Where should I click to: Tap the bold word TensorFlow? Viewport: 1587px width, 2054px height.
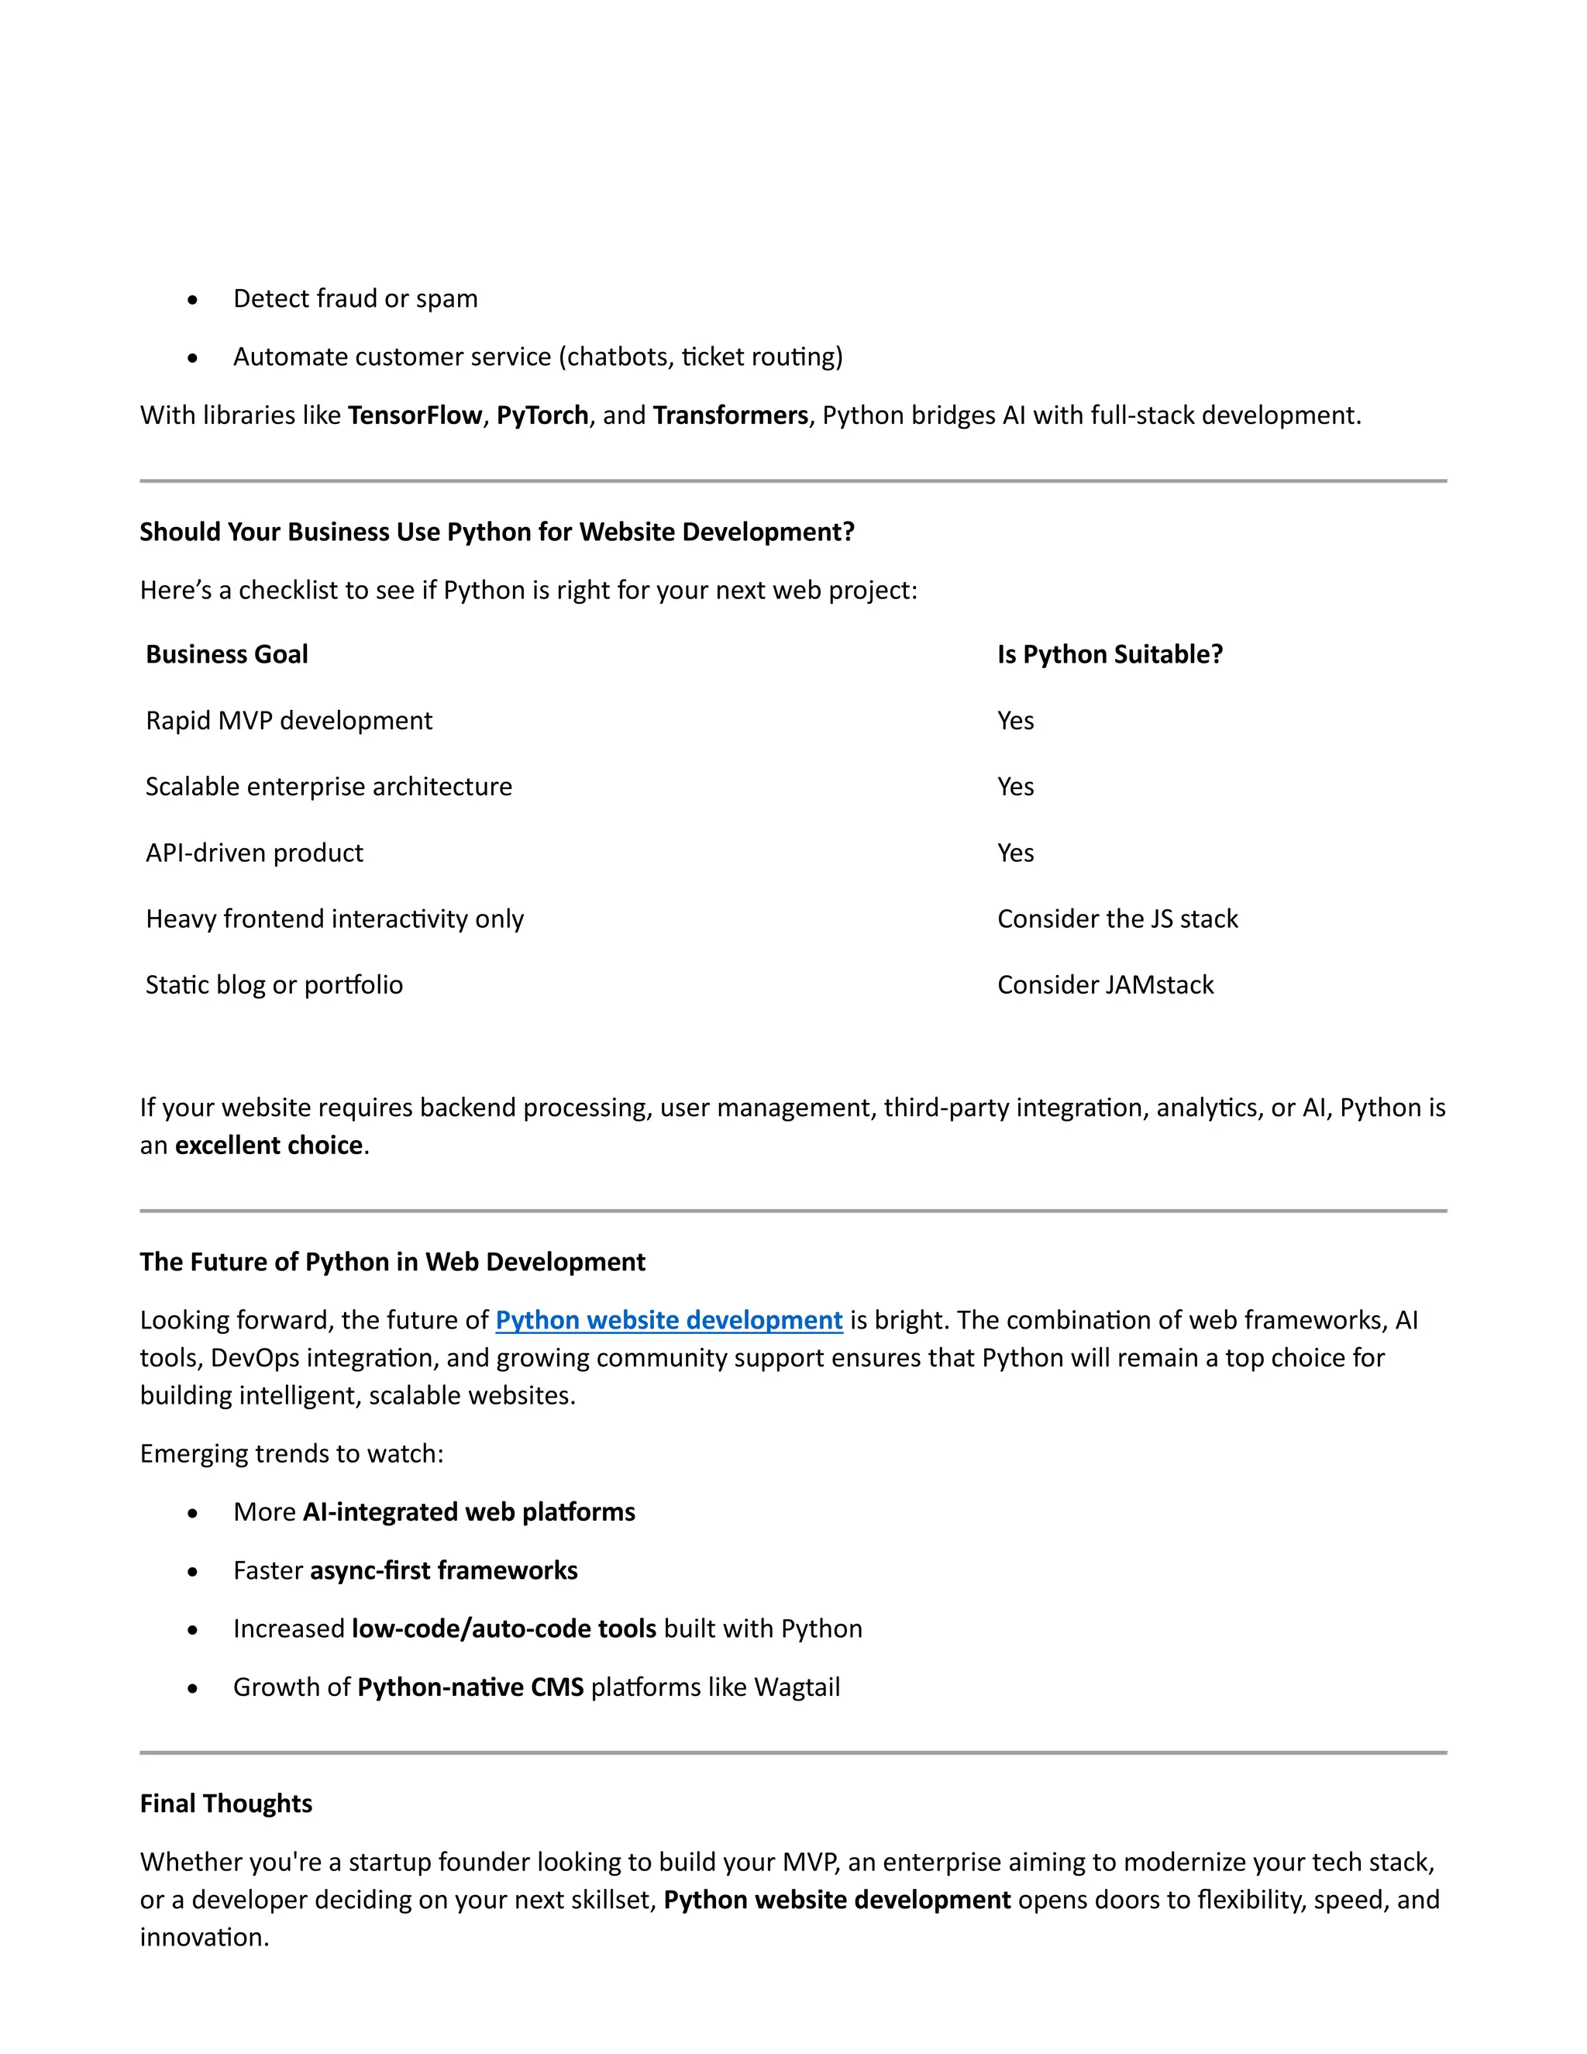pos(415,415)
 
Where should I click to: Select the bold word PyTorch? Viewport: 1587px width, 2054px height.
pos(542,415)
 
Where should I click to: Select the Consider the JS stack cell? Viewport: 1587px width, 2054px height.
pos(1117,918)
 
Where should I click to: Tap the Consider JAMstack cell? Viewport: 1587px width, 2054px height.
pos(1105,984)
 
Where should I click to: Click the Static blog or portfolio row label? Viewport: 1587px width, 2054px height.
pos(274,984)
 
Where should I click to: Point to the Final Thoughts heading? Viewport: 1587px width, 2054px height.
pos(225,1803)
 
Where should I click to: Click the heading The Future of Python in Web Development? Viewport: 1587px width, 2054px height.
pos(392,1261)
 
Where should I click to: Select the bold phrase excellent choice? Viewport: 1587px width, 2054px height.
pos(269,1145)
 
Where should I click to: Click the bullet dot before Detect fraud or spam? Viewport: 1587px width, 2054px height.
pos(193,300)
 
